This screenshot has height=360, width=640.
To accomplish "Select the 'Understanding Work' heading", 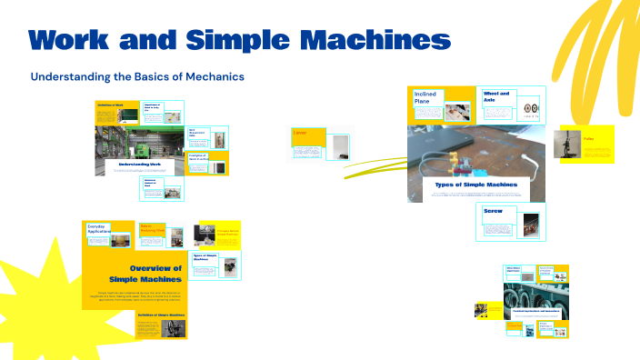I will [x=139, y=165].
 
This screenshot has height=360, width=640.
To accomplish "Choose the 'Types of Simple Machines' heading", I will [x=476, y=185].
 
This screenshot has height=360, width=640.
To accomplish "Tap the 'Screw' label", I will [x=494, y=212].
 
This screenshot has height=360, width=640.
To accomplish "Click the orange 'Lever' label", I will [x=301, y=134].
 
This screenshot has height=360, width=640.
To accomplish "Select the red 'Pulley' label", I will [x=589, y=139].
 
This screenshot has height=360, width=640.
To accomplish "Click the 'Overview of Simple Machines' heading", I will [x=146, y=274].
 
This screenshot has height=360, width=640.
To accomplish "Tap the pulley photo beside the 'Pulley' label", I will [x=565, y=145].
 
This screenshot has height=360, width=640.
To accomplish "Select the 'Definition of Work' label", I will [x=110, y=105].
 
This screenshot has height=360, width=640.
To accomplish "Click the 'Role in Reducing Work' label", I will [x=151, y=228].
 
